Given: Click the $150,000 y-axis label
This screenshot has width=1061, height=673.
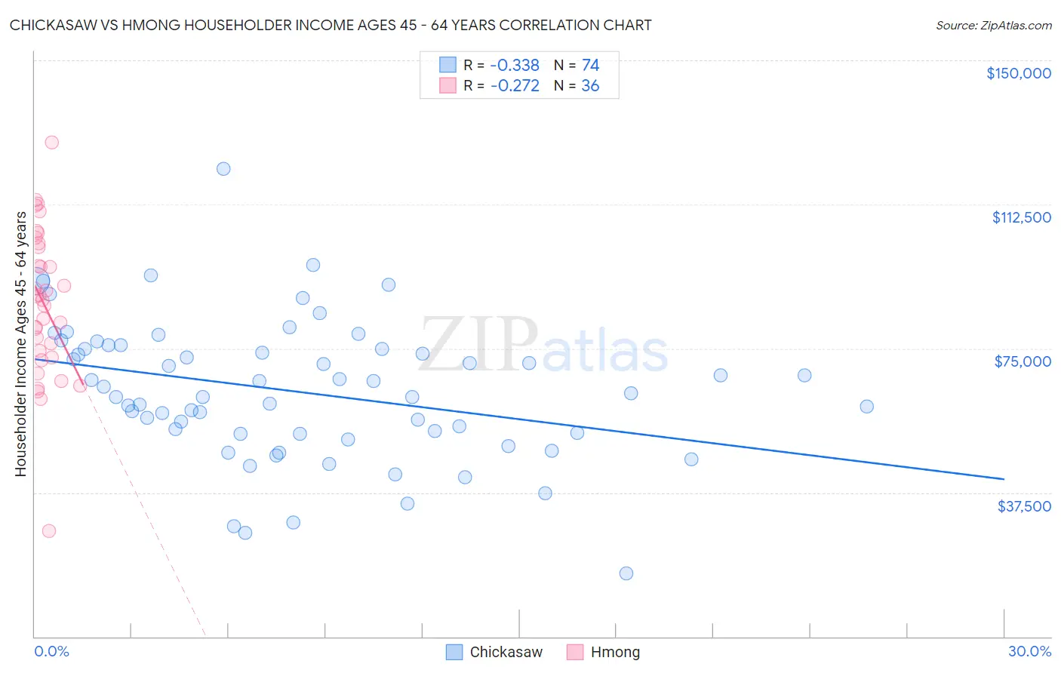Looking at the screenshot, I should (1018, 73).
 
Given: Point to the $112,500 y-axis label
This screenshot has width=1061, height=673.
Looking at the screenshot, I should (1021, 217).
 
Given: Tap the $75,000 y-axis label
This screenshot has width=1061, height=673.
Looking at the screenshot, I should (1023, 361).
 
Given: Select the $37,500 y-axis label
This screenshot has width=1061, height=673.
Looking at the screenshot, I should (1024, 506).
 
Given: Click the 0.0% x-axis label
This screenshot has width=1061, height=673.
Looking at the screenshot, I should (51, 651).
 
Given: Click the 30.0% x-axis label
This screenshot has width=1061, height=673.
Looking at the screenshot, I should (1029, 651).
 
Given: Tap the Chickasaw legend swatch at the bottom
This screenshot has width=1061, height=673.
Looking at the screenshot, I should (454, 652).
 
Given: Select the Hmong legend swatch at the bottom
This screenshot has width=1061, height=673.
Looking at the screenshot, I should (575, 652).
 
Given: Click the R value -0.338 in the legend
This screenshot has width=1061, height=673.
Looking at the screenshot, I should (515, 66).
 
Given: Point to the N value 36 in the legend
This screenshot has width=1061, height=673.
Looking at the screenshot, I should (590, 86).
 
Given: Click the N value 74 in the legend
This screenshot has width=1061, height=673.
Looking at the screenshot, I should (590, 66).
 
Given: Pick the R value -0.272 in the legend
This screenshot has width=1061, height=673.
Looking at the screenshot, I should (515, 86).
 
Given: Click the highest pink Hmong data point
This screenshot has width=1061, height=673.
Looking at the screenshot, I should (51, 142).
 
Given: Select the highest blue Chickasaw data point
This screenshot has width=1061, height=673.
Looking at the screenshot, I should (223, 169).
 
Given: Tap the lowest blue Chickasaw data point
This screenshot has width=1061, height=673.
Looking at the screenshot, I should (626, 573).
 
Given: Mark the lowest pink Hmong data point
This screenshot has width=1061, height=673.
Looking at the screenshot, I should (49, 530).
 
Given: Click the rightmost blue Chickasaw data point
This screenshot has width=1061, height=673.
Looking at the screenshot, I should (867, 407).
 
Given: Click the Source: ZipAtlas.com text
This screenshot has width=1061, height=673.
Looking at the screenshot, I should (993, 26).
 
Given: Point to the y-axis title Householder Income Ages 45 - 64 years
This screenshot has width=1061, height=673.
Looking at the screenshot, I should (21, 344).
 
